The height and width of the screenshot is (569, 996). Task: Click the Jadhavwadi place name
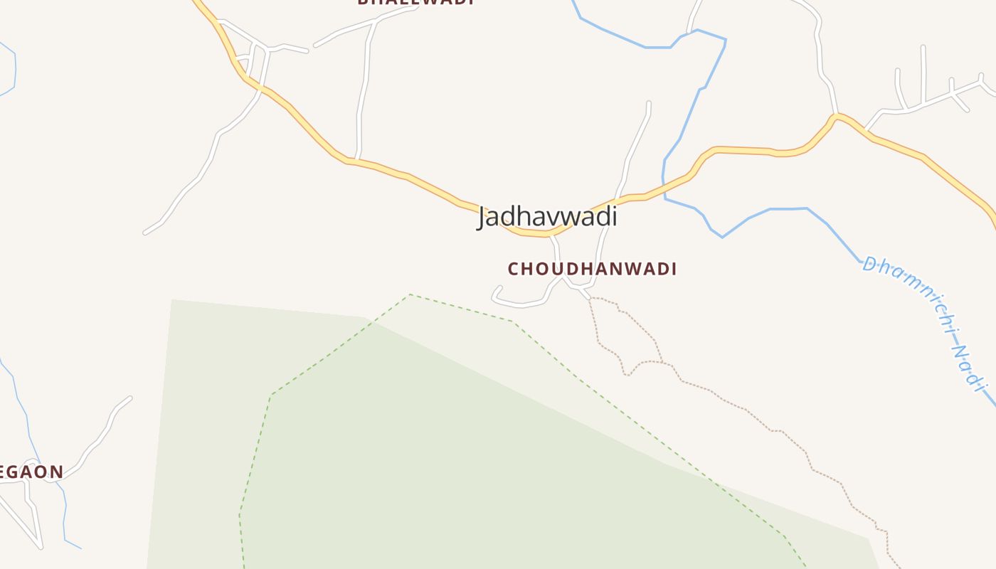[547, 216]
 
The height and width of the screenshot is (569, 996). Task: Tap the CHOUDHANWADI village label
[592, 269]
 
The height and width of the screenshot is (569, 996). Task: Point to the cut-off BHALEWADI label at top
[415, 2]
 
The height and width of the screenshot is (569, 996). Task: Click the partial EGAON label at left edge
[31, 471]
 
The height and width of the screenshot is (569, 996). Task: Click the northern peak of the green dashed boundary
[410, 294]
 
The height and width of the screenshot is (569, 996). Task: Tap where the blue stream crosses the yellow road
[664, 186]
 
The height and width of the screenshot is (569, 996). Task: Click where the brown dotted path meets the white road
[589, 298]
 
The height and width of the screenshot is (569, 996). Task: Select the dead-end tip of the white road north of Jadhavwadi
[649, 102]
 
